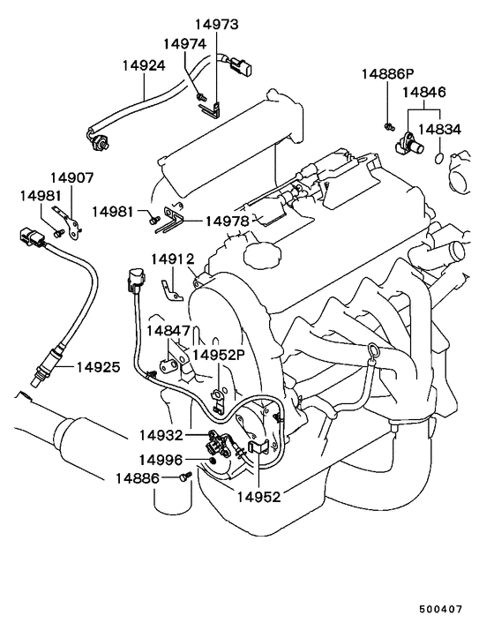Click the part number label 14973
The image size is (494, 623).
point(216,24)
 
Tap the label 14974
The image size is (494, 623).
point(184,44)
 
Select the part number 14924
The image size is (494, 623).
point(144,65)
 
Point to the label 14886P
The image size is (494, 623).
point(387,74)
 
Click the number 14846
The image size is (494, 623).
point(424,93)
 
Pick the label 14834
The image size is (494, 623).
point(439,130)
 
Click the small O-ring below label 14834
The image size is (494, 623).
point(439,158)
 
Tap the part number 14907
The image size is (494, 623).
point(71,177)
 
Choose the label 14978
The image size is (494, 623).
point(227,221)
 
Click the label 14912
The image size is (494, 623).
point(172,259)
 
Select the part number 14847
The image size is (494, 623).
point(168,331)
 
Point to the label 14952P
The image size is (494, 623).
point(219,355)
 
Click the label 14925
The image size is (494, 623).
point(98,367)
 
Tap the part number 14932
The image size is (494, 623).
point(161,435)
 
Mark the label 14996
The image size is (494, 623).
point(161,460)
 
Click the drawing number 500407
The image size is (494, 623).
point(441,609)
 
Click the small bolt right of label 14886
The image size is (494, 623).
point(185,476)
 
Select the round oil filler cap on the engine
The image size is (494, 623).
point(262,255)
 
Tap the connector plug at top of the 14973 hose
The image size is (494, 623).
point(240,65)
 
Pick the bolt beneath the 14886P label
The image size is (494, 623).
point(389,126)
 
